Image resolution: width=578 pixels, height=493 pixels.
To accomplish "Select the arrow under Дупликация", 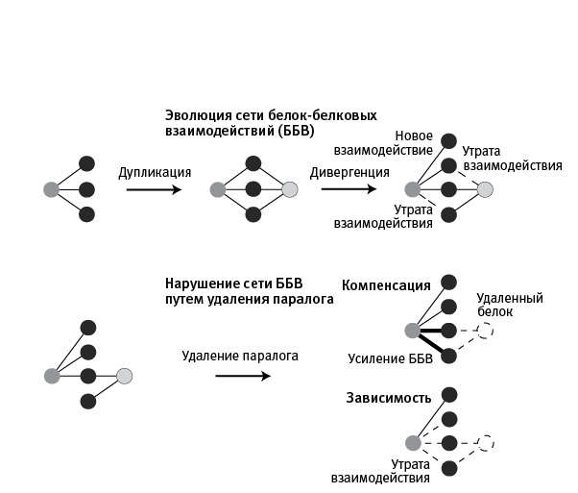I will coord(154,189).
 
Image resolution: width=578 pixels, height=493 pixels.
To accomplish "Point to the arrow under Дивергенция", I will coord(349,189).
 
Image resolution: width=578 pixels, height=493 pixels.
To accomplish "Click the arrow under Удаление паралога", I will coord(242,376).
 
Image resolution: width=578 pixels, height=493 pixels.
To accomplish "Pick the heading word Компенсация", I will coord(386,285).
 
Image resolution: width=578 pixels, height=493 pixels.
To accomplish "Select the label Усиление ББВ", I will coord(388,358).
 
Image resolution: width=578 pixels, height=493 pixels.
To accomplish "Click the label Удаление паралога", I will coord(240,356).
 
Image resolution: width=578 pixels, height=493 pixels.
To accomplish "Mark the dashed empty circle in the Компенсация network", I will coord(486,331).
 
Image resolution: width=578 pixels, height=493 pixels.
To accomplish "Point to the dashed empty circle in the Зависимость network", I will coord(486,443).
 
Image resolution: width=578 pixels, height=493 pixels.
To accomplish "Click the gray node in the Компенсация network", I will coord(413,331).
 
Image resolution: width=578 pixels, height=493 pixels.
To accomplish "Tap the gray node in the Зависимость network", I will coord(413,443).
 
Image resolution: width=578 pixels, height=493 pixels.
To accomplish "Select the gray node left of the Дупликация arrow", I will coord(51,189).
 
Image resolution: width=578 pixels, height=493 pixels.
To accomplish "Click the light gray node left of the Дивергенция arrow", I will coord(290,189).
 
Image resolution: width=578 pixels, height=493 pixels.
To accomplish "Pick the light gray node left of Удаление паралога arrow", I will coord(124,376).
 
